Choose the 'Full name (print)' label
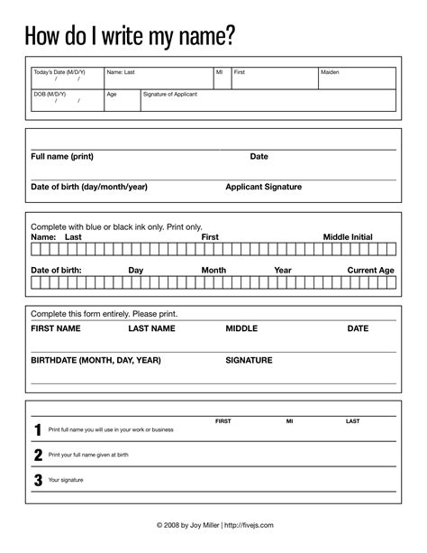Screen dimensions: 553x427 62,156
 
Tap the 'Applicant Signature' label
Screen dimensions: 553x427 263,187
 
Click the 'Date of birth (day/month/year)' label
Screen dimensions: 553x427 89,187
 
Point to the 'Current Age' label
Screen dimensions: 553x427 370,270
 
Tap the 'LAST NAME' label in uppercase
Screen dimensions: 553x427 151,328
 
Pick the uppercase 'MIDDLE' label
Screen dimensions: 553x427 241,328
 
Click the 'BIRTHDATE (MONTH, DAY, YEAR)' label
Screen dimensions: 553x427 95,360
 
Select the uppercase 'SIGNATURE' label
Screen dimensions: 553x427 249,360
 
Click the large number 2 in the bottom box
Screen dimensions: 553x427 38,455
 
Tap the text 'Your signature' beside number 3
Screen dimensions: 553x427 66,480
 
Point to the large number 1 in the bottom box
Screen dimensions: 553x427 38,429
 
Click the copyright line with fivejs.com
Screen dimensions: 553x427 213,524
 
